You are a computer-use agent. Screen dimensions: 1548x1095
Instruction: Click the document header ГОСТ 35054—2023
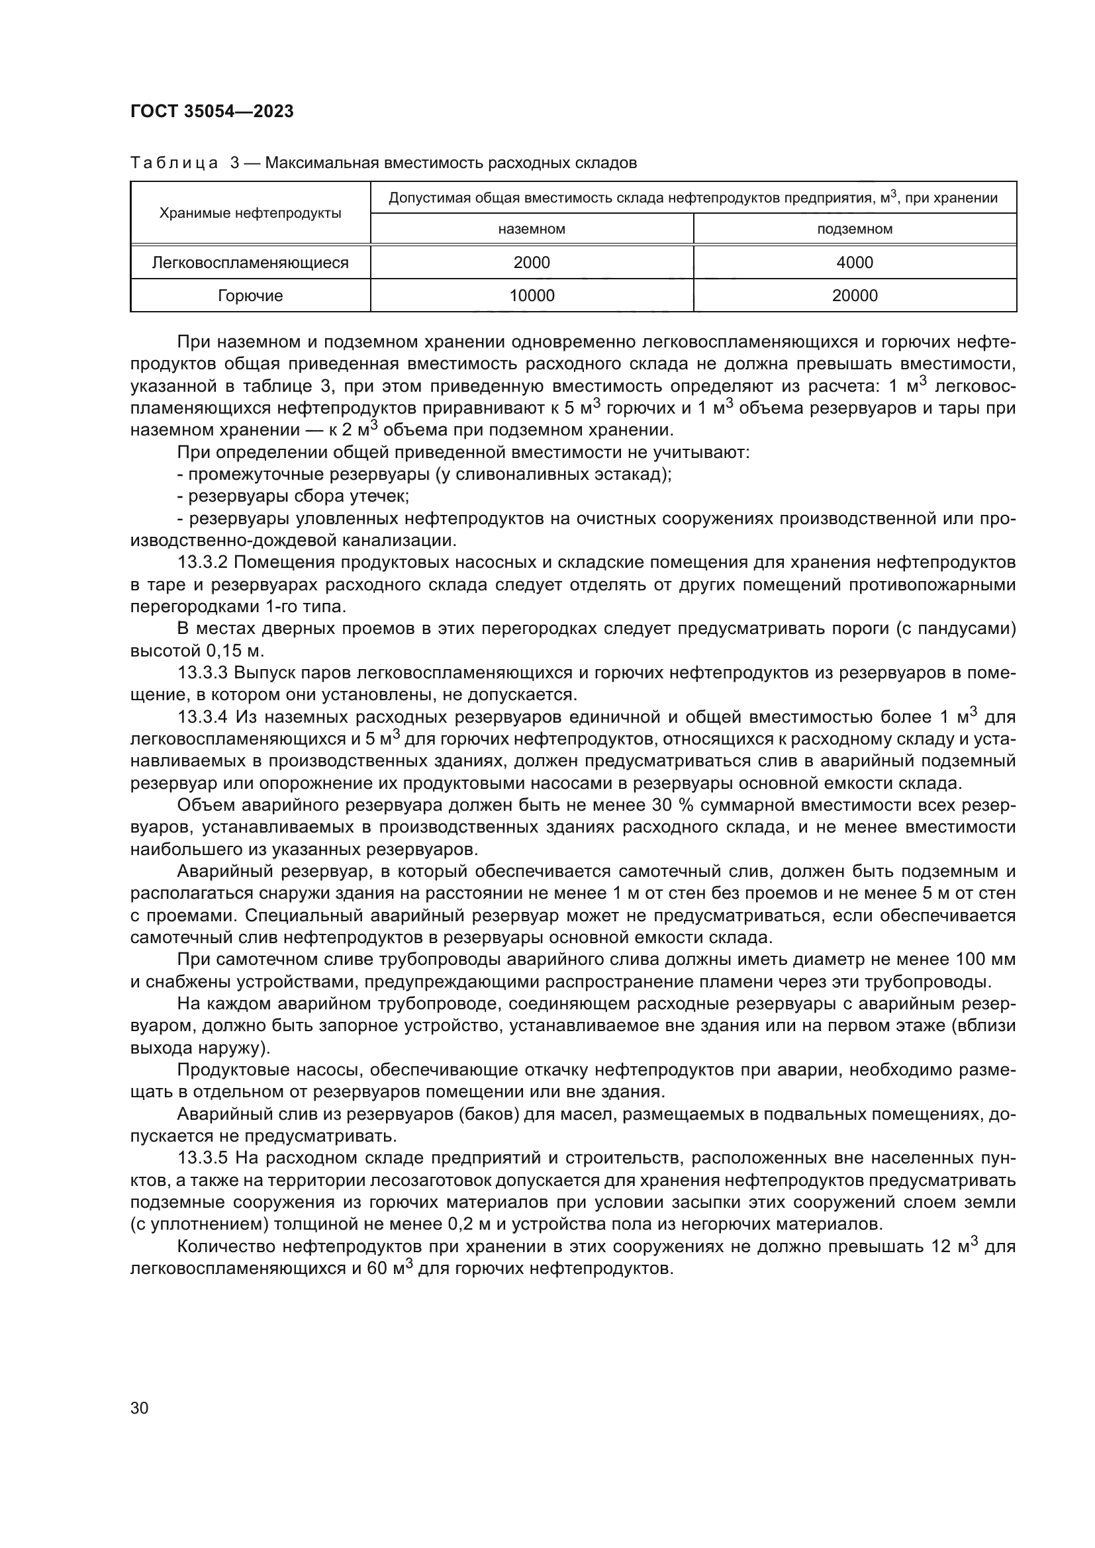coord(212,112)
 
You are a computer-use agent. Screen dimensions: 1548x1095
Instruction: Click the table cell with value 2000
coord(532,262)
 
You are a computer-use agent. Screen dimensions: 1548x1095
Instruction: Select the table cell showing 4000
coord(854,262)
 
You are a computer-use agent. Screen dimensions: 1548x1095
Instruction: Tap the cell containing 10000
coord(532,295)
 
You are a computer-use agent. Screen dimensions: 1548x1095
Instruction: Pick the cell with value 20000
coord(854,295)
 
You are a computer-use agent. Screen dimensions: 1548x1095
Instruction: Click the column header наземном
coord(532,229)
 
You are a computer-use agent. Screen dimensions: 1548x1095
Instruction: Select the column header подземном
coord(854,229)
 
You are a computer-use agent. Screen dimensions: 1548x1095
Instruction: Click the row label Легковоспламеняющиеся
coord(250,262)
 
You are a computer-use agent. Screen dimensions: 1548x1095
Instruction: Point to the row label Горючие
coord(250,295)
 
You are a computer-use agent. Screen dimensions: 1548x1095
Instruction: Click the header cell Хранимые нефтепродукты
coord(250,213)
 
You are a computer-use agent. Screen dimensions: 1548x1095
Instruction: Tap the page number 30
coord(140,1408)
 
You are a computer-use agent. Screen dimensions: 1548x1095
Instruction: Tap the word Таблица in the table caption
coord(173,163)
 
